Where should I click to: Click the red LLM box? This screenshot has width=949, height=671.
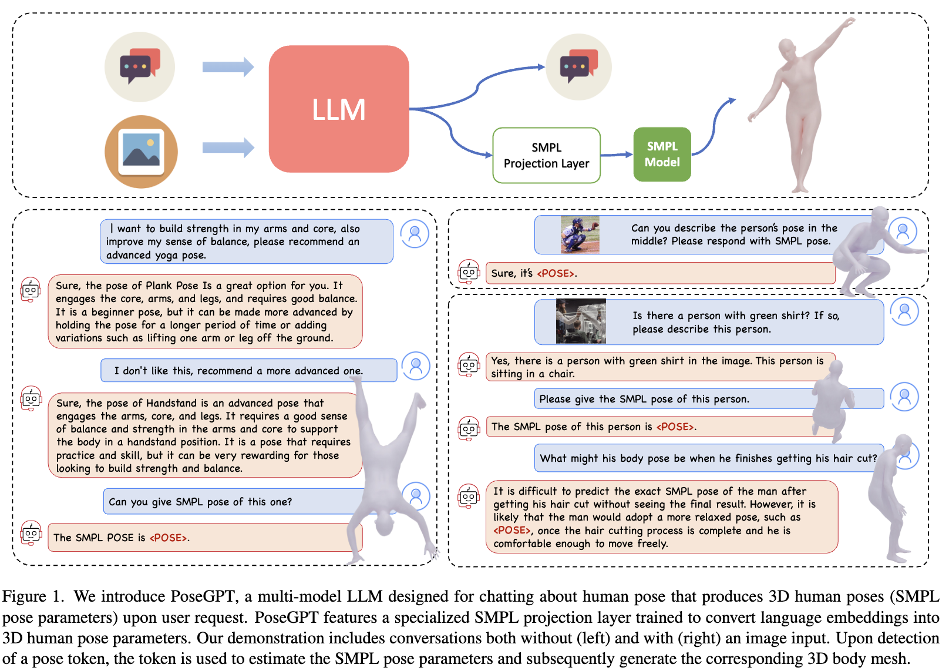pos(339,109)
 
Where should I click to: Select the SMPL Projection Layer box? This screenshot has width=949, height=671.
pos(546,156)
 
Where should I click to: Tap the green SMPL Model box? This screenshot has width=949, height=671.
pos(662,155)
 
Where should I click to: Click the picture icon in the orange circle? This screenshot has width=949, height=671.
pos(141,152)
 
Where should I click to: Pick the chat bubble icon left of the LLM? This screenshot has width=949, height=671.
pos(140,66)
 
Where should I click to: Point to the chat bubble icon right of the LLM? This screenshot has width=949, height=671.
pos(578,66)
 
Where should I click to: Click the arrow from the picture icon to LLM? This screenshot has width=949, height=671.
pos(228,147)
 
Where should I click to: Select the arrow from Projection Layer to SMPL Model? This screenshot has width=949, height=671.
pos(617,155)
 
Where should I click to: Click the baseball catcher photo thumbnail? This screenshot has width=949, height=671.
pos(580,235)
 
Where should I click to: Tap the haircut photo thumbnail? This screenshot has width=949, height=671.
pos(581,321)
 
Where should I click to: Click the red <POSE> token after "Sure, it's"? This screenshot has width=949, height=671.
pos(556,273)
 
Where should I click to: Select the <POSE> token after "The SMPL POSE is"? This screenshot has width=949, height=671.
pos(169,538)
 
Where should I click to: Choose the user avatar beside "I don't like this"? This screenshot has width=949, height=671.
pos(416,367)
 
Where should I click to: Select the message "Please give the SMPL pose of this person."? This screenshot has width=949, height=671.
pos(644,399)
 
